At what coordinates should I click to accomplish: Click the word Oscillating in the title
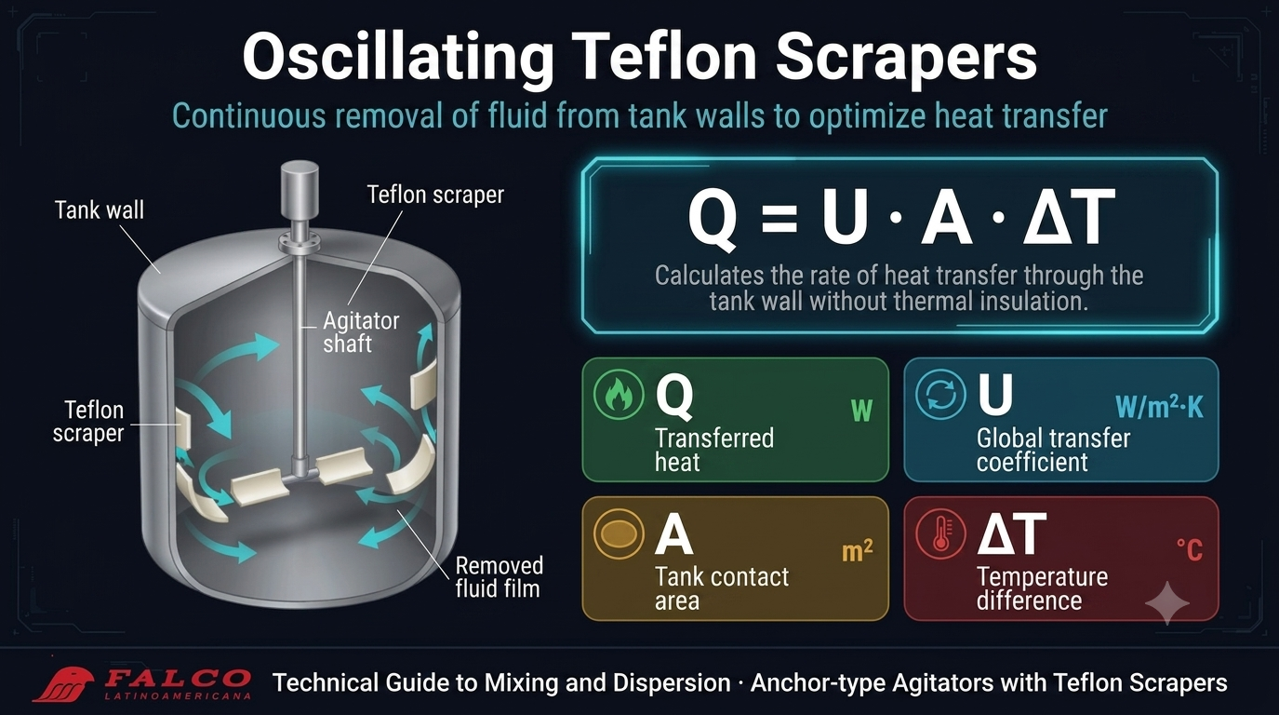[398, 57]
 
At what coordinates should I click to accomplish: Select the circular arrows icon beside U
[939, 395]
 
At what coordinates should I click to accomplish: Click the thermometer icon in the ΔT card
[940, 533]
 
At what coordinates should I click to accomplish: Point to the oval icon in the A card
[618, 533]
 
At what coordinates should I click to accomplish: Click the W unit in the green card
[861, 411]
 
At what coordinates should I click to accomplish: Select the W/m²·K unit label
[1159, 407]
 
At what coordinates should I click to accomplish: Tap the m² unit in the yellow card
[857, 551]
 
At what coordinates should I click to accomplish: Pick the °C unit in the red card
[1190, 550]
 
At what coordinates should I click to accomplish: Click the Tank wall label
[100, 209]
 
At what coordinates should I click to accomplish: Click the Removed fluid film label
[499, 576]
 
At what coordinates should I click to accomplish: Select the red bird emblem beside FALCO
[64, 684]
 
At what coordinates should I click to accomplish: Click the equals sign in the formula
[779, 218]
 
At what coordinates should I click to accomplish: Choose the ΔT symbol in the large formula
[1068, 217]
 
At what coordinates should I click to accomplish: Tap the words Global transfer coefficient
[1053, 451]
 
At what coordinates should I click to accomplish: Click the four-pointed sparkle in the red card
[1167, 602]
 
